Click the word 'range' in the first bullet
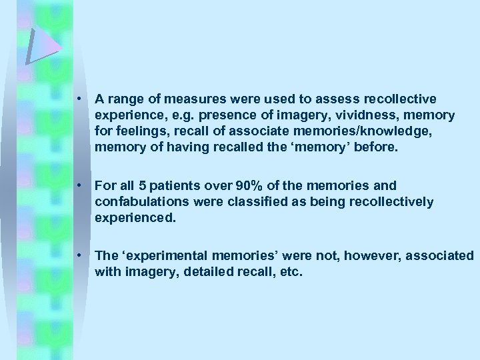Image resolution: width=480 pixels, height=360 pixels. point(125,99)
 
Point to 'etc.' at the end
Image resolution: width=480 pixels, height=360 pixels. point(291,271)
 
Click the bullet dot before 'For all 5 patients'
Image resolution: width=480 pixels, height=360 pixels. point(79,185)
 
